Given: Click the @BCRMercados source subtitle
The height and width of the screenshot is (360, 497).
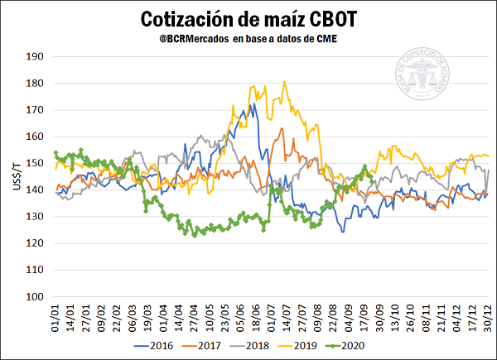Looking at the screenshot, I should (x=248, y=39).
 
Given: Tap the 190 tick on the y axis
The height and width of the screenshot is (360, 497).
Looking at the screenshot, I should (x=33, y=57).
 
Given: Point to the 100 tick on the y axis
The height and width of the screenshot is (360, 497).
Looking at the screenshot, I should (x=33, y=296).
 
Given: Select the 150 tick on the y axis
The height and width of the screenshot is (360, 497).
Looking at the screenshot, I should (x=33, y=163).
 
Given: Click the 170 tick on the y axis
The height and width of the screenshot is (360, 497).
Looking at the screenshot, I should (x=33, y=110).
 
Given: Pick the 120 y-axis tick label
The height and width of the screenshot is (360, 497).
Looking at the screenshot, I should (x=33, y=243).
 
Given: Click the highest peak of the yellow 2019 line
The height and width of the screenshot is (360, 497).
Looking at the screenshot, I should (x=284, y=81).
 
